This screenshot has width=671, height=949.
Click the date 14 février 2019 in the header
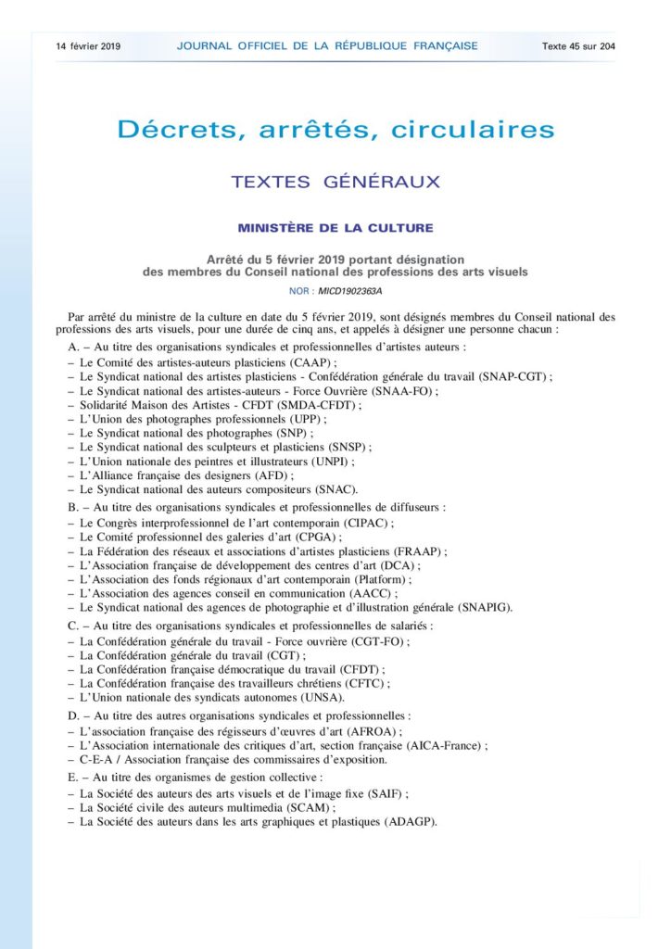88,45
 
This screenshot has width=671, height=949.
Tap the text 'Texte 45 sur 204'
579,45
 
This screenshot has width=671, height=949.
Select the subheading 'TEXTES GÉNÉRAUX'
335,183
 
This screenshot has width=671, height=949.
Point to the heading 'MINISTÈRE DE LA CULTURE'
335,227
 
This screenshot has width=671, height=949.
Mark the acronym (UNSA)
321,697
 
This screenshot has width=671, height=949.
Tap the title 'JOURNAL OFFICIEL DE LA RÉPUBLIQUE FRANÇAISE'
327,45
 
